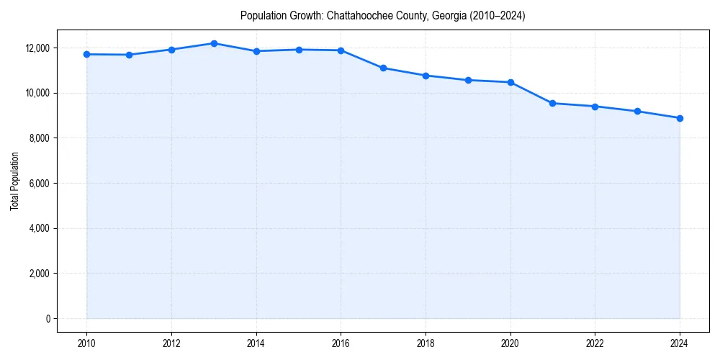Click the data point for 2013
click(x=214, y=43)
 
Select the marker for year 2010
click(x=86, y=54)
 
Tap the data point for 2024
click(x=680, y=118)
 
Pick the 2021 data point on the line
click(x=552, y=103)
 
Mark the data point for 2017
click(x=383, y=68)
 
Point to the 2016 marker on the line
click(x=341, y=50)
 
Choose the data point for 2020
click(x=510, y=82)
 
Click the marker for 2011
click(x=129, y=55)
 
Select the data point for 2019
click(x=468, y=80)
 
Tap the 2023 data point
click(x=637, y=111)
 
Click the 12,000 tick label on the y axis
click(x=36, y=48)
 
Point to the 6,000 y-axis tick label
click(x=38, y=184)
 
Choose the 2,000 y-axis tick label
click(x=38, y=274)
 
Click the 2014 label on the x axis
click(x=256, y=343)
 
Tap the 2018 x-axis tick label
click(x=426, y=343)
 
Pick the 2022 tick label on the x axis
click(x=595, y=343)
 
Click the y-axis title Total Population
click(x=14, y=181)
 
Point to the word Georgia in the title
click(x=447, y=16)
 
